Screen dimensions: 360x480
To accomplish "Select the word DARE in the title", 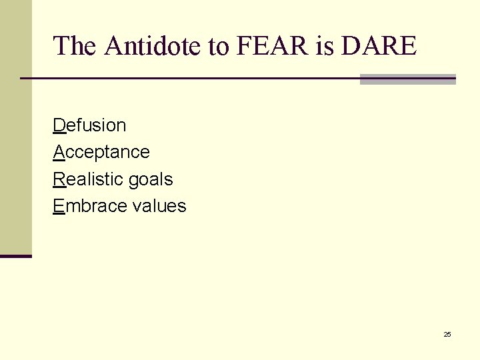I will (x=378, y=46).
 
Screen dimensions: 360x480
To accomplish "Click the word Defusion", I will (x=89, y=125).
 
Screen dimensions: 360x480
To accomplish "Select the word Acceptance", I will (x=101, y=153).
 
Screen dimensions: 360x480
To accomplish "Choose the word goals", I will (x=151, y=180).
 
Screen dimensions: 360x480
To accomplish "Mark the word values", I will (x=159, y=206).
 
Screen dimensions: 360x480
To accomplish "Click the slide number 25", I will (x=447, y=334).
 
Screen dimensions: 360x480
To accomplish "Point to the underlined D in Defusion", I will (x=59, y=125).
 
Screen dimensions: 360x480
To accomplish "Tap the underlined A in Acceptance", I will (x=59, y=152).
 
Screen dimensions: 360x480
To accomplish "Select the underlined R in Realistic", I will (x=59, y=179).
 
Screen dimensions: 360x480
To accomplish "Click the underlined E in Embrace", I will (x=59, y=206).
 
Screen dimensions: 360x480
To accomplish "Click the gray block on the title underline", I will (x=407, y=79).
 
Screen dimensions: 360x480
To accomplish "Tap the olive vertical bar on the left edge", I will (x=15, y=127).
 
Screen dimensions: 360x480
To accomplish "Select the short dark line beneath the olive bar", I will (x=15, y=256).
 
